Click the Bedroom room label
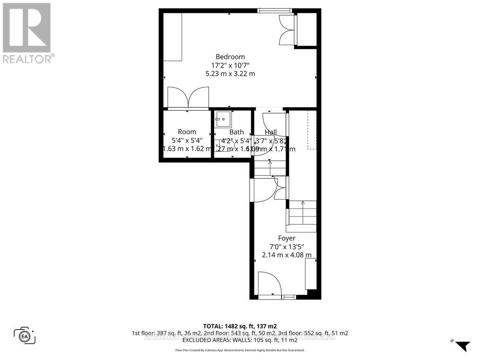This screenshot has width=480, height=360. pyautogui.click(x=230, y=57)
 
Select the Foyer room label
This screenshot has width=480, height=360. pyautogui.click(x=286, y=238)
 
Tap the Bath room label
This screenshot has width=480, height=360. pyautogui.click(x=236, y=132)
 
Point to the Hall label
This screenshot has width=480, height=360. pyautogui.click(x=271, y=132)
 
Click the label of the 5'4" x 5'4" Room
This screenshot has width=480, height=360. pyautogui.click(x=187, y=132)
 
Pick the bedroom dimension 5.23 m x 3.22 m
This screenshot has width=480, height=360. pyautogui.click(x=230, y=74)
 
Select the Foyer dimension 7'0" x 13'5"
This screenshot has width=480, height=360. pyautogui.click(x=286, y=247)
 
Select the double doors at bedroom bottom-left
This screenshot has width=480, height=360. pyautogui.click(x=188, y=98)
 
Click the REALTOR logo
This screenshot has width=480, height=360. pyautogui.click(x=27, y=32)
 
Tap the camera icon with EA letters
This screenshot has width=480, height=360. pyautogui.click(x=24, y=335)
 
